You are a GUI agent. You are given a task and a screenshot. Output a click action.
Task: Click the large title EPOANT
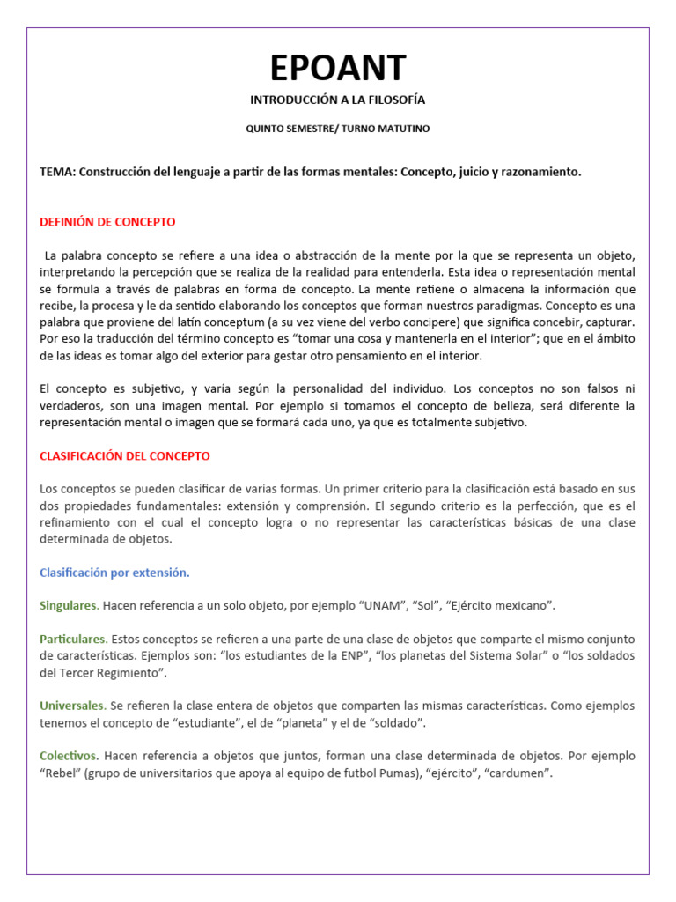point(338,67)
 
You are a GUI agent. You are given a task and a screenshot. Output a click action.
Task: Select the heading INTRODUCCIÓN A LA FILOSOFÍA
point(338,100)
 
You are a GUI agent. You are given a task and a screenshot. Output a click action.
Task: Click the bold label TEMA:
point(57,172)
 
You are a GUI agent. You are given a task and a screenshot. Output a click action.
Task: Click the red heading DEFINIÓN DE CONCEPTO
point(107,222)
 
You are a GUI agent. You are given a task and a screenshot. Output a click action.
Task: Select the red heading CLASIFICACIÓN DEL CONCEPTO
point(125,456)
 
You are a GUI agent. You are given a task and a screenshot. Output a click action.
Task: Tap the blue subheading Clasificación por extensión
point(114,573)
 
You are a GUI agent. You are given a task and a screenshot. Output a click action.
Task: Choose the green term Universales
point(72,706)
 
